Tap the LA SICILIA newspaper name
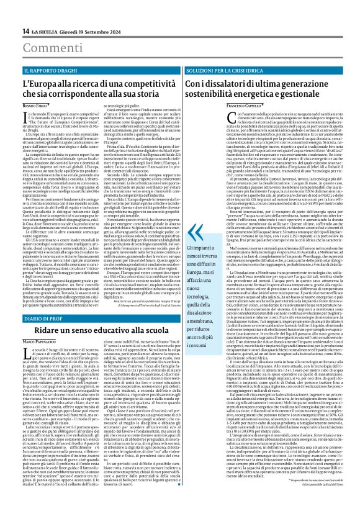tap(47, 31)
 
